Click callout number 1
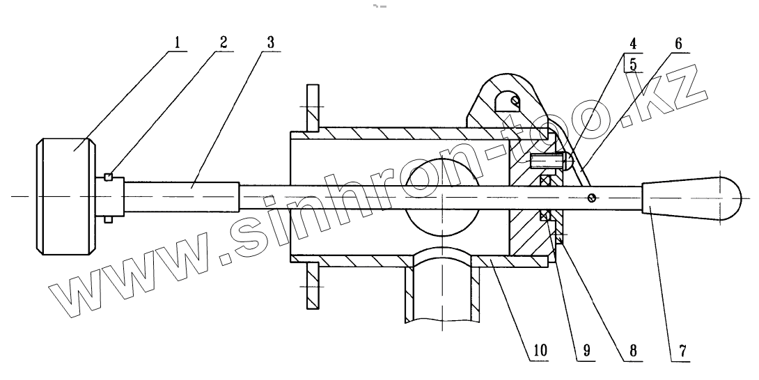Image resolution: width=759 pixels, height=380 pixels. coord(177,42)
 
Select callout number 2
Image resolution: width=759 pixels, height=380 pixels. coord(223,42)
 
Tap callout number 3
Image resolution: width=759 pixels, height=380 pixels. coord(269,42)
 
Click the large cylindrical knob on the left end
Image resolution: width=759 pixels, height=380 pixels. coord(65,197)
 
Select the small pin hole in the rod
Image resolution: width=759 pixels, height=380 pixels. coord(591,197)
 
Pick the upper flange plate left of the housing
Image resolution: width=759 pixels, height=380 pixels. coord(312,109)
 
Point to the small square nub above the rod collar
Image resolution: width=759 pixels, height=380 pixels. coord(108,176)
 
